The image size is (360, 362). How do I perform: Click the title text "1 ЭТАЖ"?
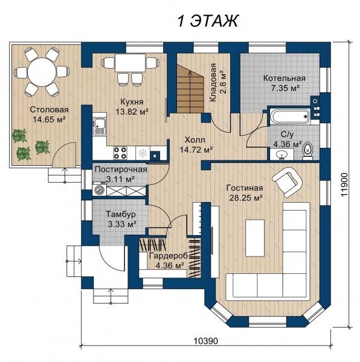click(x=207, y=21)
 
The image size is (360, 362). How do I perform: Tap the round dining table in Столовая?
click(x=42, y=72)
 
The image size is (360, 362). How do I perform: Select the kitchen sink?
click(x=99, y=127)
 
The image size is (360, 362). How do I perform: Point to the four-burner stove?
click(x=120, y=153)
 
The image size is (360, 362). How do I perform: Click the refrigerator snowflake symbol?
click(x=143, y=153)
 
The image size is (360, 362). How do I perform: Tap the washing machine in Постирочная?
click(x=100, y=190)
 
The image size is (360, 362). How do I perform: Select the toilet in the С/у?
click(x=307, y=150)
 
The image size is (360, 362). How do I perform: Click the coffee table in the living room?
click(x=255, y=238)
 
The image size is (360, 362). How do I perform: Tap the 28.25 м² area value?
click(x=246, y=198)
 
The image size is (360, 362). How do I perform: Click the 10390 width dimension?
click(x=205, y=340)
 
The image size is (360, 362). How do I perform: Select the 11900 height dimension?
click(x=344, y=185)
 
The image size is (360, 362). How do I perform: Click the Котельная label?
click(x=284, y=78)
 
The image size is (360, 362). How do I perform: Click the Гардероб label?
click(x=169, y=256)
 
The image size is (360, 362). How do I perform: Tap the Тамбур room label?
click(x=121, y=214)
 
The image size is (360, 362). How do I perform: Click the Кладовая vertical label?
click(x=213, y=82)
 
